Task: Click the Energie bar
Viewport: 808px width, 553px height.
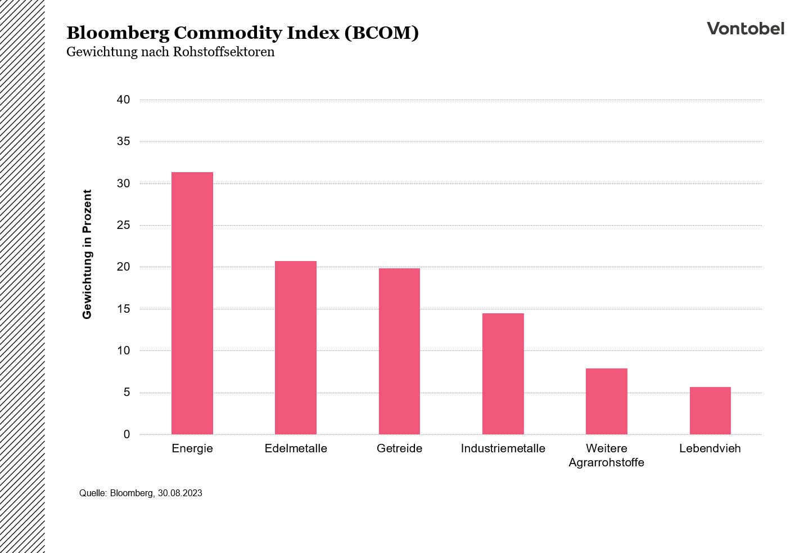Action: (192, 303)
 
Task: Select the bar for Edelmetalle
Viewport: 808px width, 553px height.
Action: (296, 348)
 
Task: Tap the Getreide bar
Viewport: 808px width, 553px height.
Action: (399, 351)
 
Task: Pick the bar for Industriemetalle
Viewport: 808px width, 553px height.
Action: (503, 374)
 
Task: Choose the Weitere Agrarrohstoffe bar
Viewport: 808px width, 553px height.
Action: (606, 401)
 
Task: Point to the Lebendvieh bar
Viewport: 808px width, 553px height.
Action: (710, 411)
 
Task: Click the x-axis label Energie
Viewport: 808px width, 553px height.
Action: (192, 448)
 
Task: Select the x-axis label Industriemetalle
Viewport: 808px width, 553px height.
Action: (503, 448)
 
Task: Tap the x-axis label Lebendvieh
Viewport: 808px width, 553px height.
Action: (710, 448)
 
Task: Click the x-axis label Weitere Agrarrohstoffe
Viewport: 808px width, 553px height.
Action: (606, 455)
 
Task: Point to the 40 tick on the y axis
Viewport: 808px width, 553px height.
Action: (123, 100)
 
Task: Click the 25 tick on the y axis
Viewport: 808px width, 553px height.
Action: (123, 225)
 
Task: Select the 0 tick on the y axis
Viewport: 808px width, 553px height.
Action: (127, 434)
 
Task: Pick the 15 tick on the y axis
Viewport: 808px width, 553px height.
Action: (123, 309)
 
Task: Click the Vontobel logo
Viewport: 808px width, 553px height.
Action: (745, 29)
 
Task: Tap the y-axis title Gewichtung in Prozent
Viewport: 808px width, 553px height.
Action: (87, 254)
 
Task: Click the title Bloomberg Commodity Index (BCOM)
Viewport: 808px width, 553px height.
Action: (242, 33)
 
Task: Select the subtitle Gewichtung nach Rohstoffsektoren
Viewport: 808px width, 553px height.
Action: (170, 52)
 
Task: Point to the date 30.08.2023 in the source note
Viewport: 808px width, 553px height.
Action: (180, 493)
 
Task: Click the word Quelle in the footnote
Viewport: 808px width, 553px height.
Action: (93, 493)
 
